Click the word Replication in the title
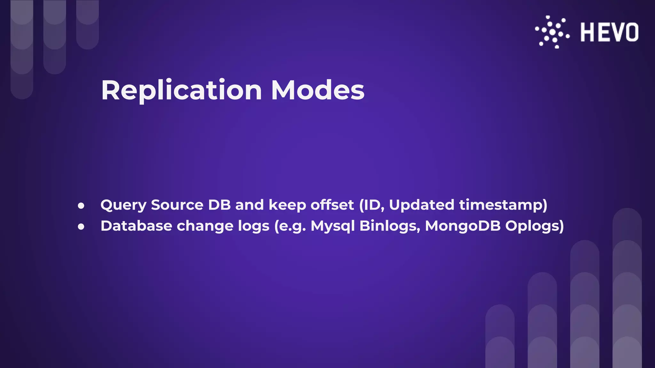[181, 90]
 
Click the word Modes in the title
[318, 90]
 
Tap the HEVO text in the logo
[609, 32]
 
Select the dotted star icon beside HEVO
[552, 32]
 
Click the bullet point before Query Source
[81, 206]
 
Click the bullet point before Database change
[81, 227]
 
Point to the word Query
[123, 205]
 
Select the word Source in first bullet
[177, 205]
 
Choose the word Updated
[421, 205]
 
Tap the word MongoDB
[462, 226]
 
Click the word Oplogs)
[534, 226]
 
